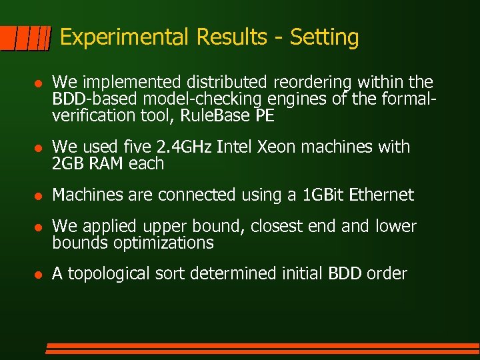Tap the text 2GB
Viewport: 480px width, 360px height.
tap(69, 163)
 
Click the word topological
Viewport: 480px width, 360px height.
tap(112, 274)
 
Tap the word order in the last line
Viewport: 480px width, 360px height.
tap(385, 274)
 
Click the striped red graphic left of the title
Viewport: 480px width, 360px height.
tap(25, 38)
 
